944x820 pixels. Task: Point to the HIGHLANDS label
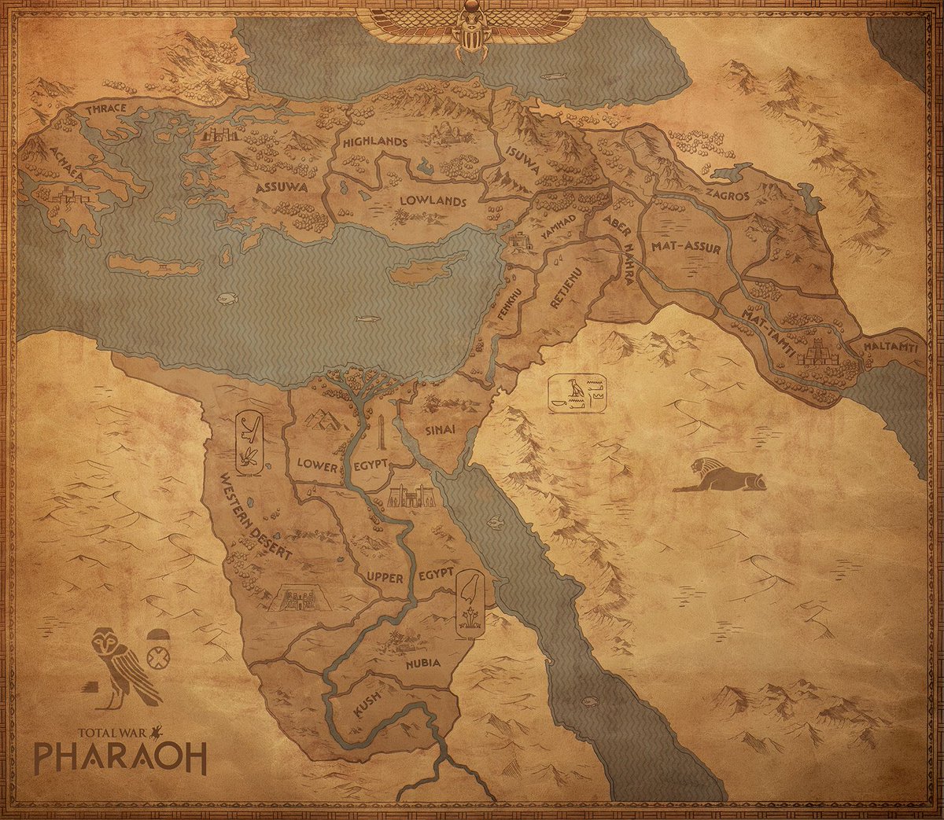(375, 142)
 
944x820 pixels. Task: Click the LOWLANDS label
(433, 201)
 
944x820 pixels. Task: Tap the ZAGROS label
(727, 196)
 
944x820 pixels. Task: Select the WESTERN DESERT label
(256, 517)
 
